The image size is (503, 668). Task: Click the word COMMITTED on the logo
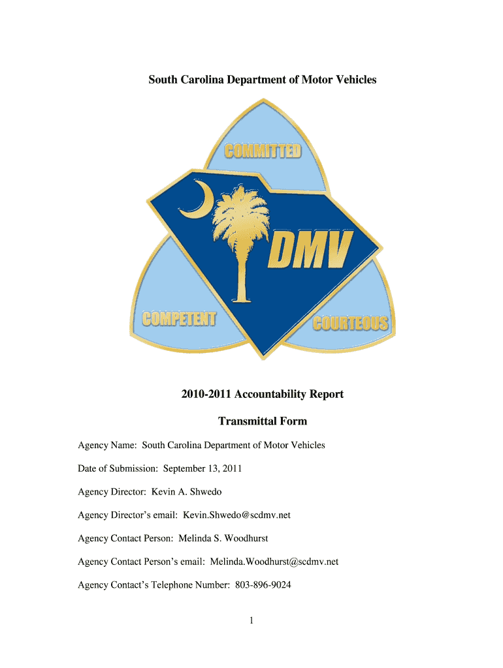[x=263, y=151]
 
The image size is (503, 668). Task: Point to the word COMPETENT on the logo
[x=180, y=320]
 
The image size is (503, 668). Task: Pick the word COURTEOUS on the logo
[x=350, y=323]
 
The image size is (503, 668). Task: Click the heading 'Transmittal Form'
[x=262, y=421]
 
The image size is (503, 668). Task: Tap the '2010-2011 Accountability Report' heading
[x=262, y=394]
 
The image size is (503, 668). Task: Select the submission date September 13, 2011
[x=203, y=468]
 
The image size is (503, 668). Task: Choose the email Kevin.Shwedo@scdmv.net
[x=236, y=515]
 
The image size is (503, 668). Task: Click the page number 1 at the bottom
[x=252, y=621]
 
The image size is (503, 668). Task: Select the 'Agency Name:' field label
[x=107, y=446]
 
